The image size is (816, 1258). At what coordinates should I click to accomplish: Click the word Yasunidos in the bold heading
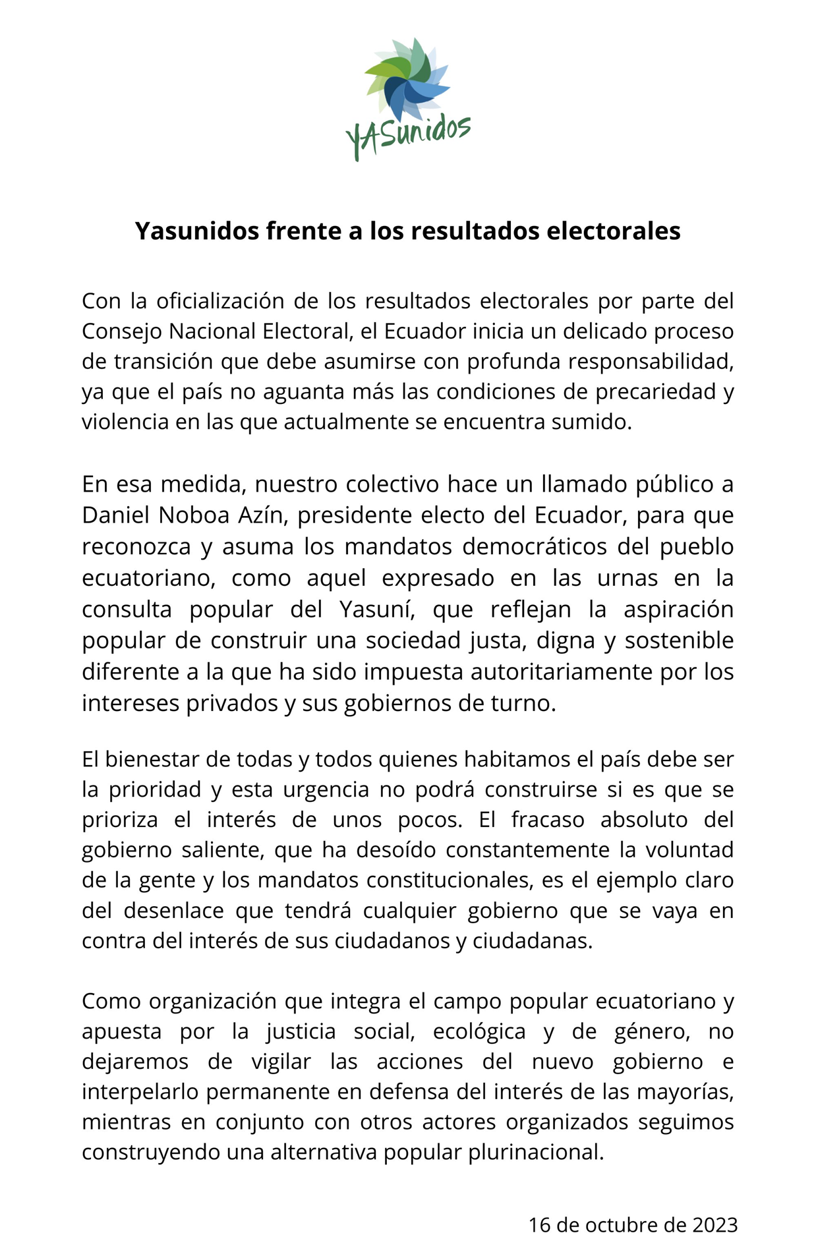[x=197, y=231]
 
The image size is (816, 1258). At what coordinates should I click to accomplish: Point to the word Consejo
[x=122, y=331]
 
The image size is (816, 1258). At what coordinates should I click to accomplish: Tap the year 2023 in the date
[x=714, y=1225]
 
